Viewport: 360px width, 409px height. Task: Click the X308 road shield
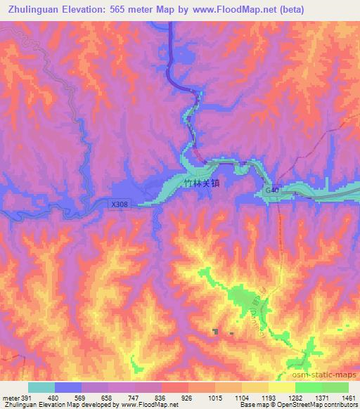tap(120, 204)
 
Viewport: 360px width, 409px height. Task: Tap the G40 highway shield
tap(273, 190)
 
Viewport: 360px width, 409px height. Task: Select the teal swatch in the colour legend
tap(41, 387)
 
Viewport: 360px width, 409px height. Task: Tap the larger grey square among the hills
tap(217, 332)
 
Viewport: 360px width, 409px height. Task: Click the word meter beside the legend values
tap(10, 398)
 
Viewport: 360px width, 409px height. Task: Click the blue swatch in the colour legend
tap(68, 387)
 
